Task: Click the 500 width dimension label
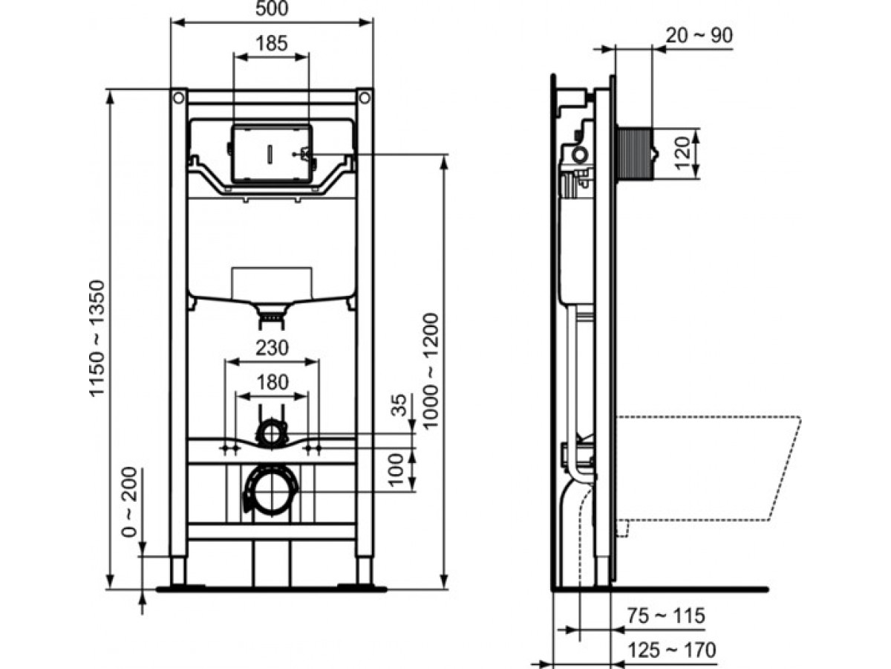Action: click(x=272, y=8)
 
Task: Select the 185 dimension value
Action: click(x=272, y=43)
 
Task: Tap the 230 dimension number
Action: click(x=272, y=348)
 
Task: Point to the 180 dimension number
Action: click(x=272, y=382)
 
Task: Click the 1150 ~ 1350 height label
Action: click(x=97, y=337)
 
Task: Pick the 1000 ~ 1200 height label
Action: click(x=431, y=370)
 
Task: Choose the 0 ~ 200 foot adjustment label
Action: click(x=130, y=502)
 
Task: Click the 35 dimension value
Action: click(x=398, y=404)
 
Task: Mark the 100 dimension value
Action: click(x=396, y=470)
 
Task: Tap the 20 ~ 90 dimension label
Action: click(x=699, y=36)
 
